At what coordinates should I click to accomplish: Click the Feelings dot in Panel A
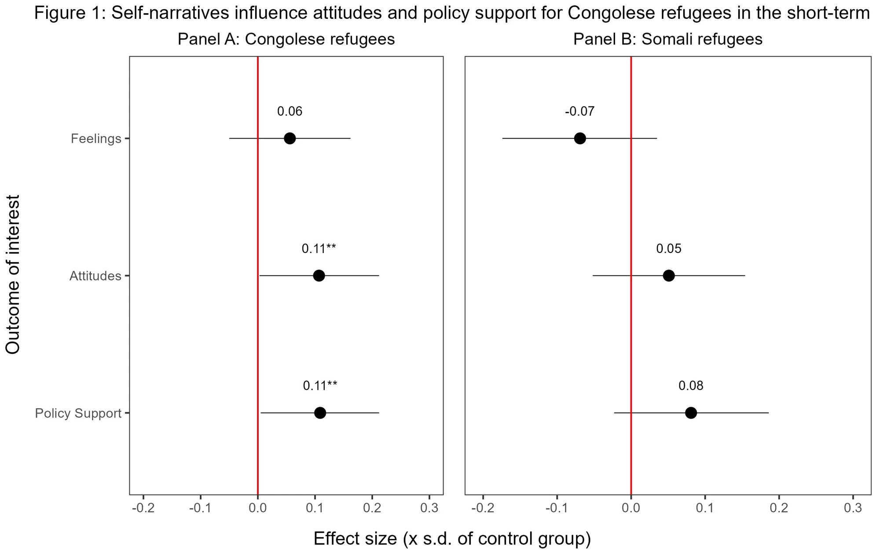tap(290, 138)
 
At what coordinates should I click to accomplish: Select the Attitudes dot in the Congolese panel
tap(319, 275)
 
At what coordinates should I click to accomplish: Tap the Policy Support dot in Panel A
tap(320, 413)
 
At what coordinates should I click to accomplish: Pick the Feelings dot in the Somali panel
tap(580, 138)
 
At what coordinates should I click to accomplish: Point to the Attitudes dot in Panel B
tap(669, 275)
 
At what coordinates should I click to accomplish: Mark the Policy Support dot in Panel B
tap(691, 413)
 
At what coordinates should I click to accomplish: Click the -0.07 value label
tap(579, 111)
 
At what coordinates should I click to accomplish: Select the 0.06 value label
tap(290, 111)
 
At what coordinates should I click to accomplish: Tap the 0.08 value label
tap(691, 386)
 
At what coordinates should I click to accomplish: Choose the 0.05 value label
tap(669, 249)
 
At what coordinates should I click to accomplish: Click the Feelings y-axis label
tap(96, 139)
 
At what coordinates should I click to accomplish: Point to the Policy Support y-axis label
tap(78, 413)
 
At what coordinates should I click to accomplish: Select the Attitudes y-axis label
tap(95, 276)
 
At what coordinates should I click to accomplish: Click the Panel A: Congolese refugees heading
tap(286, 39)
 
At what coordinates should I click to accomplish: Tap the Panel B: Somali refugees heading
tap(667, 39)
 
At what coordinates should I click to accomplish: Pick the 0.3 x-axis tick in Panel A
tap(429, 509)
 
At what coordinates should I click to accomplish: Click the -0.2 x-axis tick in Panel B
tap(483, 509)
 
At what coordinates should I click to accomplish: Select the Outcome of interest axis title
tap(13, 275)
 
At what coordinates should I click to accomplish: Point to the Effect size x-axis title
tap(452, 538)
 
